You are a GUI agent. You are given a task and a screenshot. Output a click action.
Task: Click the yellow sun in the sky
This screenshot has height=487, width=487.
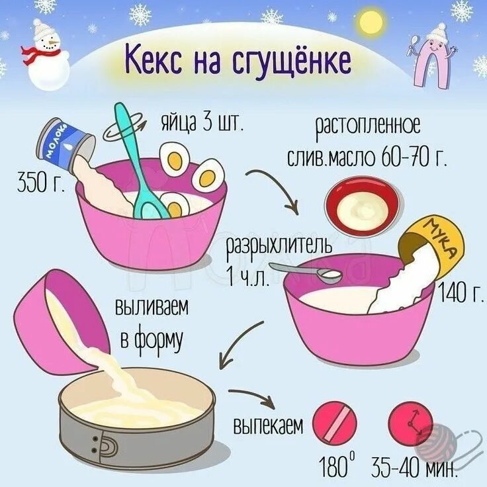pyautogui.click(x=370, y=22)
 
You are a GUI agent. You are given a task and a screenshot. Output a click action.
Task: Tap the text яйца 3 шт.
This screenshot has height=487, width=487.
pyautogui.click(x=202, y=122)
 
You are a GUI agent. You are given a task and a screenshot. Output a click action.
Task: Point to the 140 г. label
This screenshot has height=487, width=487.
pyautogui.click(x=461, y=292)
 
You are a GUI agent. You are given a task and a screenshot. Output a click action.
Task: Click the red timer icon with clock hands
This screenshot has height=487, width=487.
pyautogui.click(x=410, y=422)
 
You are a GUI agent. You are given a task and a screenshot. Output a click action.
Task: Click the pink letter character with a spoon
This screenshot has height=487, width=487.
pyautogui.click(x=433, y=56)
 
